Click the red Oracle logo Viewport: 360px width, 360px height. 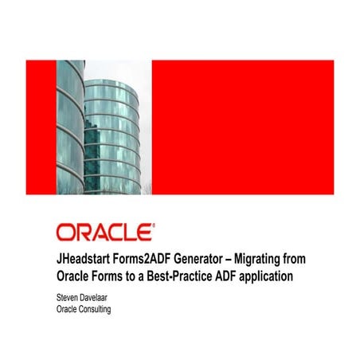(105, 232)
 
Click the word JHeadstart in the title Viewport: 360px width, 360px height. (87, 259)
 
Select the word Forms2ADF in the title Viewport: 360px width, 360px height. (151, 259)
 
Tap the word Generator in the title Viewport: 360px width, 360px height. (209, 259)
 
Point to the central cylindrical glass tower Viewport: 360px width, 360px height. (113, 135)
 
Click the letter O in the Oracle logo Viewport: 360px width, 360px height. (65, 232)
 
